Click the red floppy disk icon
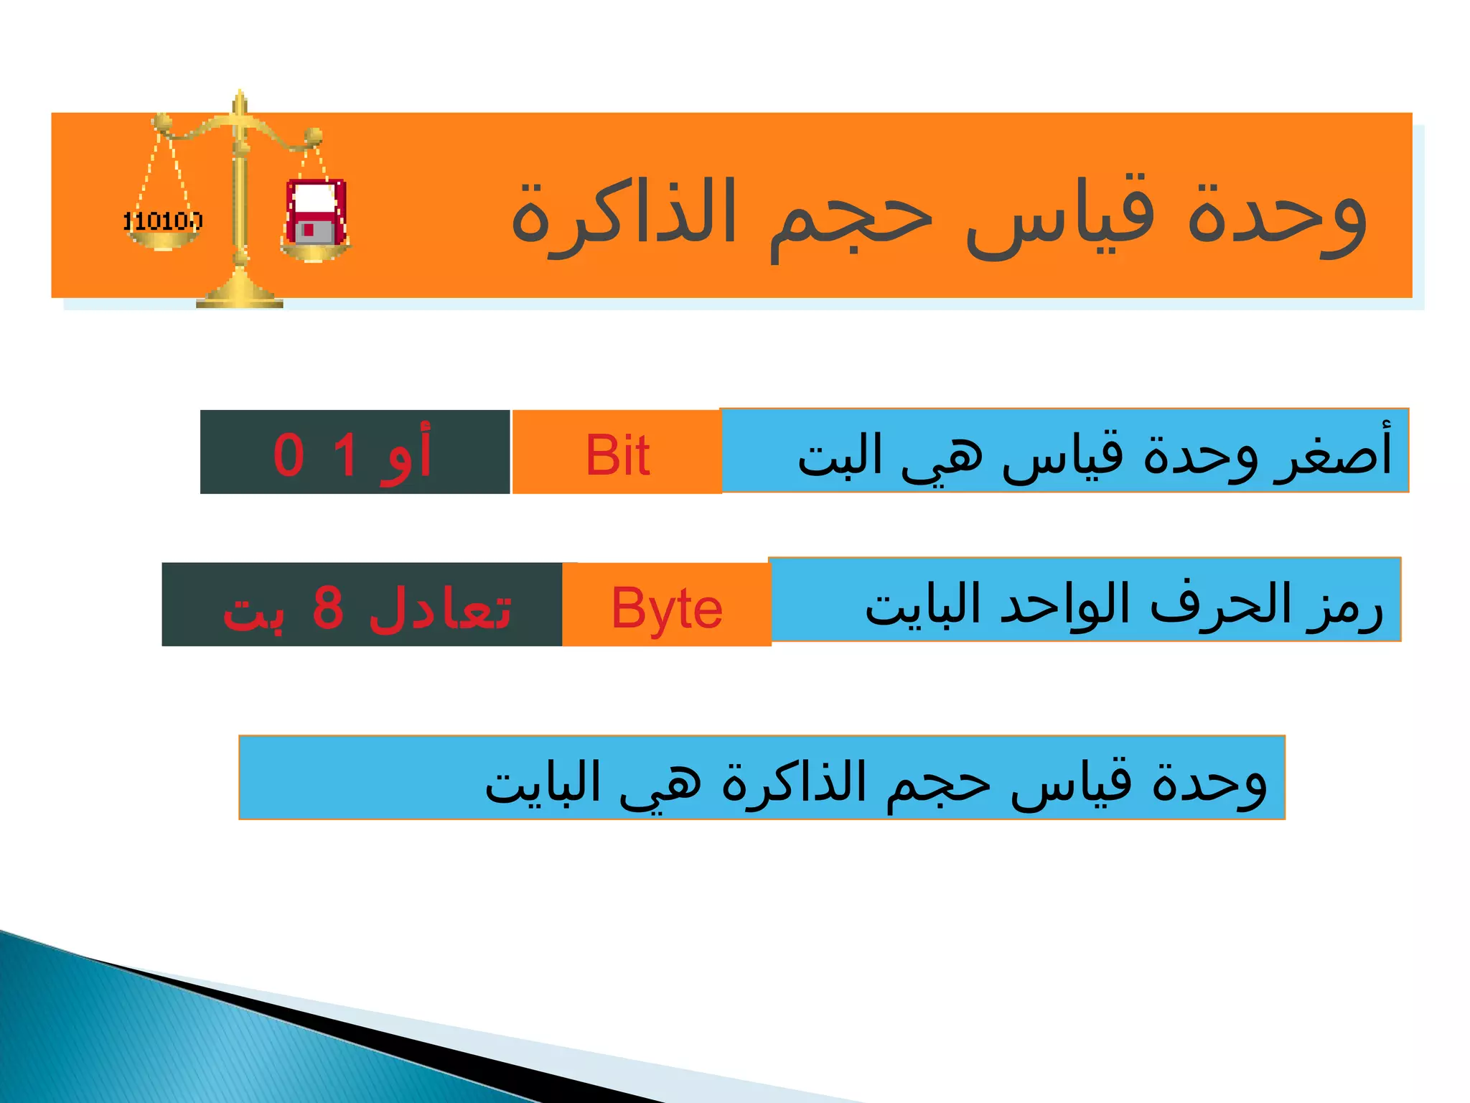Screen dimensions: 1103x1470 point(316,213)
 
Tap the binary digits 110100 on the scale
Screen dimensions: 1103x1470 point(163,221)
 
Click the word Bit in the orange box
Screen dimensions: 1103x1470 point(617,455)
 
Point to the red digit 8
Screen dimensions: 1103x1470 point(328,608)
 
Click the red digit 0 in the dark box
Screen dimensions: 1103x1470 point(289,455)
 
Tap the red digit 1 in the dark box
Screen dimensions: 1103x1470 point(345,455)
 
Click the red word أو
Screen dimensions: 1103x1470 point(406,455)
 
